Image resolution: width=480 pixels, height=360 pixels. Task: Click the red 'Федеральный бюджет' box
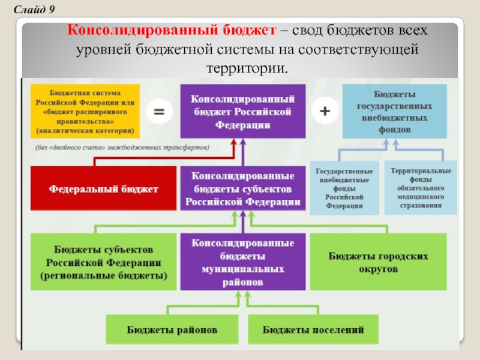(103, 188)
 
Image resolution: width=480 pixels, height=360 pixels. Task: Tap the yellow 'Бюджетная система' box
(85, 111)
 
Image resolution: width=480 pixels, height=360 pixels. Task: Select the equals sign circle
(159, 112)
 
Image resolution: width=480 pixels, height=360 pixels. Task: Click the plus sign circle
(325, 110)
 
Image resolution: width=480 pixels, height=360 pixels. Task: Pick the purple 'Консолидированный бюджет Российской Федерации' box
(243, 111)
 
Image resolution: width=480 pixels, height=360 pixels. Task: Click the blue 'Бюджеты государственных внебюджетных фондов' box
(394, 111)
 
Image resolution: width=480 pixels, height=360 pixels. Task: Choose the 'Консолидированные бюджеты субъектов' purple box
(243, 188)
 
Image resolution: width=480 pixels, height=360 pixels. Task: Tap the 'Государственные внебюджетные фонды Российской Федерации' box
(344, 188)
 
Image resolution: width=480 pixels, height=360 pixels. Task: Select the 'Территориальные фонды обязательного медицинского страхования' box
(421, 187)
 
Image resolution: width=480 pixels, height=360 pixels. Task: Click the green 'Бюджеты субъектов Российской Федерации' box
(103, 262)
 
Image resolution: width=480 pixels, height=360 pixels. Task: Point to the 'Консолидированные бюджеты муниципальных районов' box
(243, 262)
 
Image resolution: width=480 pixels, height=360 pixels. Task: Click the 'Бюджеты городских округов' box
(379, 262)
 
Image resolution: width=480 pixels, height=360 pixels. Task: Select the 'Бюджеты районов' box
(172, 329)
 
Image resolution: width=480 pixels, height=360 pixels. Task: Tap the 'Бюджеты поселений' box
(313, 329)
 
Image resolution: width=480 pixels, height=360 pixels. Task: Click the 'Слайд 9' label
(34, 10)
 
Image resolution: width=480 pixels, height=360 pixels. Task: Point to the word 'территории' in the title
(246, 68)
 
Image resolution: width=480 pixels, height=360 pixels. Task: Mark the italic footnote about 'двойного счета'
(122, 148)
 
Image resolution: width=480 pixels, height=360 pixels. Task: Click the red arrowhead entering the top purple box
(234, 143)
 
